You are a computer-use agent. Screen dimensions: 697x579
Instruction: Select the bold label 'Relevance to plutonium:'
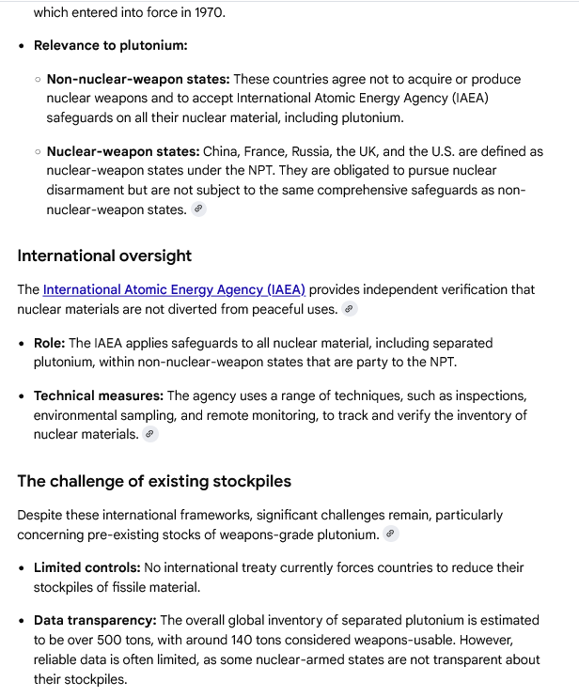click(x=111, y=45)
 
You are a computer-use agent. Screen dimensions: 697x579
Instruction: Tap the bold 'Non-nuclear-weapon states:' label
click(x=138, y=80)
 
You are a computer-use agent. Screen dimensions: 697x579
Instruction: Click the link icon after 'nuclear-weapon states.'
click(x=198, y=209)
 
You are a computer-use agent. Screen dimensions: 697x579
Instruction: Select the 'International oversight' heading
click(x=104, y=256)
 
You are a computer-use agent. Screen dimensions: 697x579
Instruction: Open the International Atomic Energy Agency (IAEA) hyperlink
click(x=174, y=290)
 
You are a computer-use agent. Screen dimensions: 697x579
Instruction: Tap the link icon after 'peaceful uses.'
click(x=350, y=309)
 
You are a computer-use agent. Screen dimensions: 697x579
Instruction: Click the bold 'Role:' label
click(x=49, y=343)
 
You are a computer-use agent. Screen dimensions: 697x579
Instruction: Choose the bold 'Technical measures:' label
click(x=99, y=396)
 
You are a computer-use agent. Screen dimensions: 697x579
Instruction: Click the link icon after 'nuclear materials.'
click(x=150, y=434)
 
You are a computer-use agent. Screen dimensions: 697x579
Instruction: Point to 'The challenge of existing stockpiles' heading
click(x=154, y=481)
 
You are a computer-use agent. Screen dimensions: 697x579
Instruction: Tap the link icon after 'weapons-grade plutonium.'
click(x=391, y=534)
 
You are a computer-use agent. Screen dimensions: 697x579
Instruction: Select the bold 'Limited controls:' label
click(x=87, y=567)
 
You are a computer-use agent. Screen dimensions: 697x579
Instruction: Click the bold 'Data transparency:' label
click(x=95, y=620)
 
